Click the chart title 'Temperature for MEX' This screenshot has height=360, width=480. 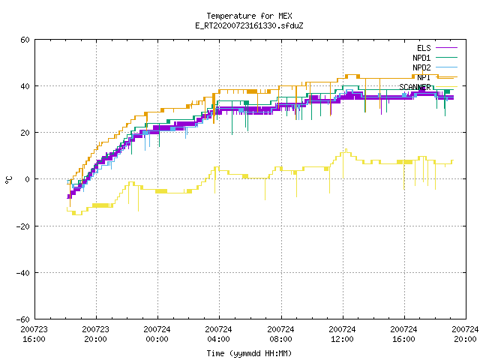pos(249,16)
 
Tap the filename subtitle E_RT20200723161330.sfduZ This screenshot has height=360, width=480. pos(249,25)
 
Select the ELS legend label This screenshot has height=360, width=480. pos(424,48)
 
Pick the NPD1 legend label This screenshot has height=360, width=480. pos(421,58)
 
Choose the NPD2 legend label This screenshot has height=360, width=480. pos(421,67)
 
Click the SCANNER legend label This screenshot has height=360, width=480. pos(415,87)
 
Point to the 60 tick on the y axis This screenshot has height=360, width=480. pos(25,40)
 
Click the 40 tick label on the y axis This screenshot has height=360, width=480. pos(25,86)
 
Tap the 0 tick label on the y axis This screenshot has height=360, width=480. pos(28,179)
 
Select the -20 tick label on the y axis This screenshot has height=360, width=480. pos(23,226)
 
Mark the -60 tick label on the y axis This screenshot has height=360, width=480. pos(23,319)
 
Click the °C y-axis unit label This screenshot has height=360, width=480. pos(8,180)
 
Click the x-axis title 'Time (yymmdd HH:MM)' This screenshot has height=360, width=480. pos(249,353)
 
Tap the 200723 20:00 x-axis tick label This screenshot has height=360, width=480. pos(95,334)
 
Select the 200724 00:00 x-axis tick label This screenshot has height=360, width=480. pos(157,334)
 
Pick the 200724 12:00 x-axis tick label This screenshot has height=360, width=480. pos(342,334)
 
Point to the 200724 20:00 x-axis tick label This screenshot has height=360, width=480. pos(465,334)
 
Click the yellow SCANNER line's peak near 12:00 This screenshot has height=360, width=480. pos(346,149)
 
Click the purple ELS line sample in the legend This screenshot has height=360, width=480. pos(446,48)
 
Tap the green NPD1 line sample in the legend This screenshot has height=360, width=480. pos(446,58)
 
